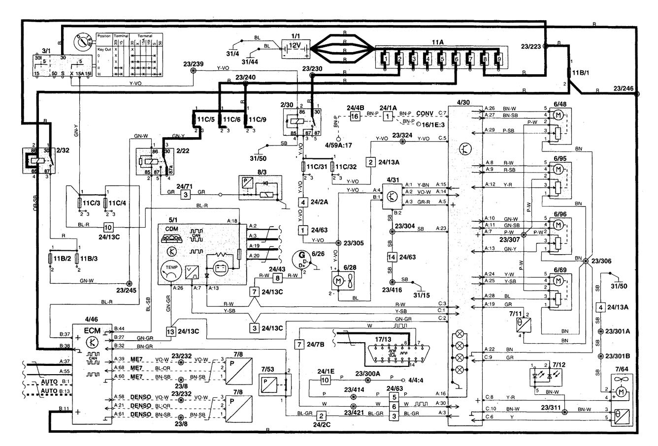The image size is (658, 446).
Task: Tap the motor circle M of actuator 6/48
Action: [558, 115]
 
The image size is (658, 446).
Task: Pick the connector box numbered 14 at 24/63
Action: [392, 256]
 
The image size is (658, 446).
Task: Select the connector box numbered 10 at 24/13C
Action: [108, 228]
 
